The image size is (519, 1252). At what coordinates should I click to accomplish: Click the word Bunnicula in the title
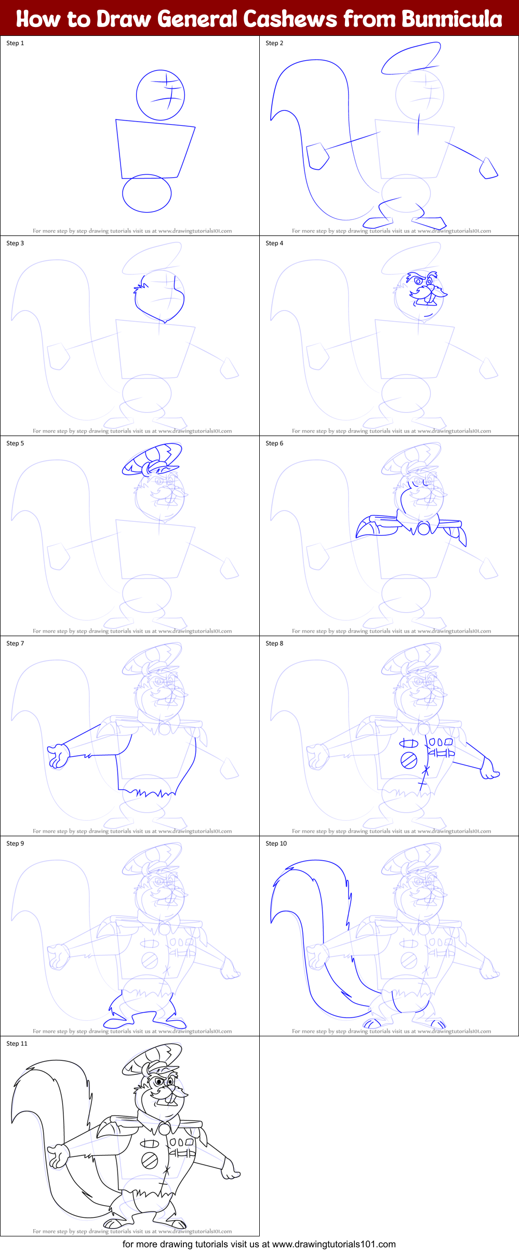(452, 19)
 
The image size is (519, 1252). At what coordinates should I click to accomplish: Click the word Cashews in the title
(290, 19)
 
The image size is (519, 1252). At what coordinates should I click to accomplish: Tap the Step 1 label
(15, 43)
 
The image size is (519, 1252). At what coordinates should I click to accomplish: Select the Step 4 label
(274, 243)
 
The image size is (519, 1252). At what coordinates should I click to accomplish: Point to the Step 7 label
(15, 643)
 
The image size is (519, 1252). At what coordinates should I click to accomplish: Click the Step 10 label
(276, 844)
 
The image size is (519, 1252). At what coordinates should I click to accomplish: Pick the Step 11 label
(17, 1044)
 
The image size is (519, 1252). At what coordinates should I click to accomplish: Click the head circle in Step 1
(161, 95)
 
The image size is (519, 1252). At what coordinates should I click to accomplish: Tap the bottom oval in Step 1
(147, 193)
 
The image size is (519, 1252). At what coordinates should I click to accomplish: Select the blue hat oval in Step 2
(411, 58)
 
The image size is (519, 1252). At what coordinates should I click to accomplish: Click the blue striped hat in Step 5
(152, 458)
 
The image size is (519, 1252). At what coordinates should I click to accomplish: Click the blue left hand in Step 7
(58, 755)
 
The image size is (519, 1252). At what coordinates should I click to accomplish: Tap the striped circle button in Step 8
(409, 760)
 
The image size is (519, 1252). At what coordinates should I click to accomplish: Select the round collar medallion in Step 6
(424, 529)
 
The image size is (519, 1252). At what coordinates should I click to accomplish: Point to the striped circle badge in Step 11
(150, 1160)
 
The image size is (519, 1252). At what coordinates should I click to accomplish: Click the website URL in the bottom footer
(334, 1244)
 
